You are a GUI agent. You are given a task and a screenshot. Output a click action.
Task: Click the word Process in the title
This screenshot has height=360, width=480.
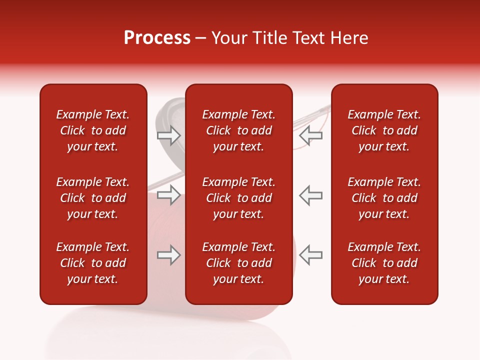(157, 38)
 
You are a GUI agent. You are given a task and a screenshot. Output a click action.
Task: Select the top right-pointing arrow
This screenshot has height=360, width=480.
(169, 135)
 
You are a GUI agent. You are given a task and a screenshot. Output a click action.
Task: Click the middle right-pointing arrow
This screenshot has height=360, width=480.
(169, 195)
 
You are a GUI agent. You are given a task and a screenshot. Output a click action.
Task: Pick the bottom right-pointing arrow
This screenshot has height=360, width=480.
(169, 255)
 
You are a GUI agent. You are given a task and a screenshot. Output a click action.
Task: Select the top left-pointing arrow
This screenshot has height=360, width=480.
(311, 135)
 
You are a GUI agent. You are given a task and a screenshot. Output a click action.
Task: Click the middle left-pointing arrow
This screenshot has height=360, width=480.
(311, 195)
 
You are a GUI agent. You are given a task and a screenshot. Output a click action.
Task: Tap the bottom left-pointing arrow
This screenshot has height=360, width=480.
(311, 255)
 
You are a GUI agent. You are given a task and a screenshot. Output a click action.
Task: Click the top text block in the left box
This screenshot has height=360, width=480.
(93, 130)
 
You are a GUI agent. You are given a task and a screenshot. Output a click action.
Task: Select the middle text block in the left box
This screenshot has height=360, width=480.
(93, 198)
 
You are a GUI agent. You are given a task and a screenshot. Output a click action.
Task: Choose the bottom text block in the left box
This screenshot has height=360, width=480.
(93, 263)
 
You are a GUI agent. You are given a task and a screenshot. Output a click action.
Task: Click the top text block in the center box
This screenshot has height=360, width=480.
(239, 130)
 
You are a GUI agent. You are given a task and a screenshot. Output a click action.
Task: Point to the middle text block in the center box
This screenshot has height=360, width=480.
(239, 198)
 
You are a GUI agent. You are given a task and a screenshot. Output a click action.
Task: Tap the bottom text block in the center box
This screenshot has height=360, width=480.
(239, 263)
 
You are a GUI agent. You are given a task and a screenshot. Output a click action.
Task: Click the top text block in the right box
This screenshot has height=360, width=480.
(384, 130)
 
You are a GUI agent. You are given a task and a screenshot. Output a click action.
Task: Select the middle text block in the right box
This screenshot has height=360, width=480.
(384, 198)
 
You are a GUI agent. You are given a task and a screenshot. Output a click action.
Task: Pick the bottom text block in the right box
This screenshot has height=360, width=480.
(384, 263)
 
